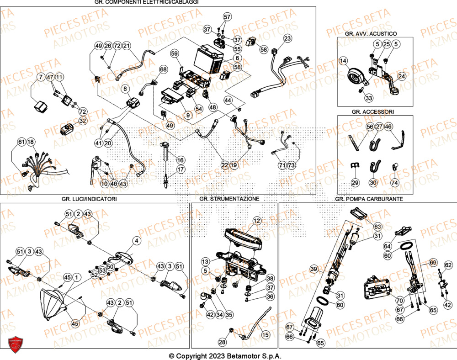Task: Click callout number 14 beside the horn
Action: (343, 61)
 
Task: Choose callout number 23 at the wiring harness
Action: (287, 38)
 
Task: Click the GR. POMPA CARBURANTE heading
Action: (368, 199)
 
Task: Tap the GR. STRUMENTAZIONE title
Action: (229, 199)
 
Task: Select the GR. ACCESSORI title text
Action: (370, 111)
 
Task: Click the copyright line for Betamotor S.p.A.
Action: (225, 356)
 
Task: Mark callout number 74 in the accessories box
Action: (395, 182)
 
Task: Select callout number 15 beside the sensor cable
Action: (266, 335)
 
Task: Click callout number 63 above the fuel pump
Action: (377, 226)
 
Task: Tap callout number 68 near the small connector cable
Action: (163, 69)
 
